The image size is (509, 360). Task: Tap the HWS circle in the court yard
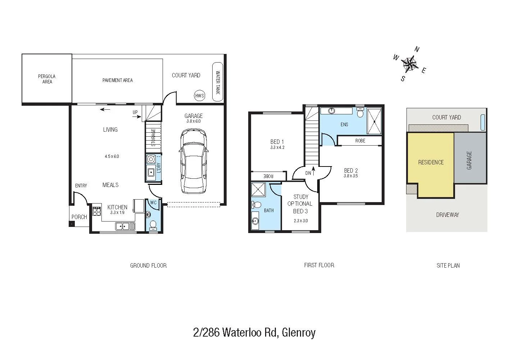click(199, 96)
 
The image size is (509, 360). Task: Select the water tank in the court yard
click(218, 82)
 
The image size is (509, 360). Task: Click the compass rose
click(409, 64)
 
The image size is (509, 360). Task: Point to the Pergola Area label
click(47, 79)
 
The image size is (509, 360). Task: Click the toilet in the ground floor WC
click(153, 225)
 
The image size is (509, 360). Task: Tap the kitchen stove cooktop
click(97, 211)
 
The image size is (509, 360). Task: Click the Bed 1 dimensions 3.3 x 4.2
click(277, 147)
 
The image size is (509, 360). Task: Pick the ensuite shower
click(374, 121)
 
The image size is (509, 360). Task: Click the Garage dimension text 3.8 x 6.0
click(194, 121)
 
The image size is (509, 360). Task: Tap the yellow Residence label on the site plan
click(431, 162)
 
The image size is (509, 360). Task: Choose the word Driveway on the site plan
click(447, 215)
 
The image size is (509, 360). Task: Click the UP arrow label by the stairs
click(135, 112)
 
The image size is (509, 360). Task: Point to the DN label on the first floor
click(308, 173)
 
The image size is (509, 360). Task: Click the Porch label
click(79, 217)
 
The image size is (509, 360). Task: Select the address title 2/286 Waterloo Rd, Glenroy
click(254, 332)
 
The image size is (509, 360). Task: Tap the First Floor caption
click(319, 265)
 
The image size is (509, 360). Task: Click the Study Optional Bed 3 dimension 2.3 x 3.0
click(300, 221)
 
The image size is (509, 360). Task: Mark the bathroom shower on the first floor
click(258, 189)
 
